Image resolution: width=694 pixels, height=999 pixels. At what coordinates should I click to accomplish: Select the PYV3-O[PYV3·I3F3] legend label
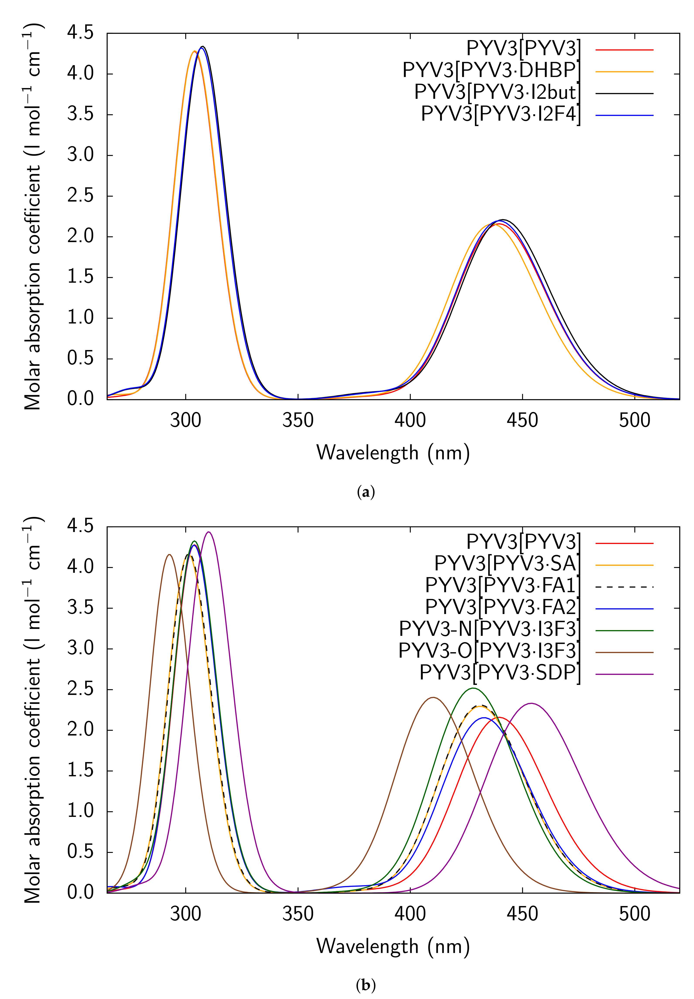point(489,651)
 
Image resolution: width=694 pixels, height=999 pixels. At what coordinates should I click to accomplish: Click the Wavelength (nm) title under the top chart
point(393,453)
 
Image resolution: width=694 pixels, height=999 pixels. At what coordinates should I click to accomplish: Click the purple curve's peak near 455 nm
point(531,703)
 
